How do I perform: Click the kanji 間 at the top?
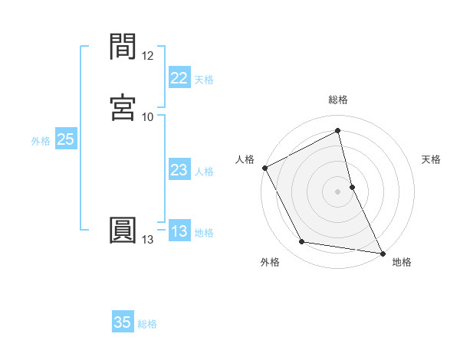click(124, 47)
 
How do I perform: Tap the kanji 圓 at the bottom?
click(124, 231)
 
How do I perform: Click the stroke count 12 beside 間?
click(147, 56)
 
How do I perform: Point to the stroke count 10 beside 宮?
click(147, 116)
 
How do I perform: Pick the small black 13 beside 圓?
click(147, 240)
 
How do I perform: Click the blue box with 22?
click(179, 78)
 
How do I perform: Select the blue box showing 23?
click(179, 171)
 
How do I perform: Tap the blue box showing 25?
click(65, 139)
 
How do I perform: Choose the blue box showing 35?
click(123, 322)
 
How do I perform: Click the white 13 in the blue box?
click(179, 232)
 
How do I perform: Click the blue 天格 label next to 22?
click(204, 80)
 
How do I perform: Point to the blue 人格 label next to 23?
click(204, 172)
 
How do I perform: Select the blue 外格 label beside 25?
click(41, 141)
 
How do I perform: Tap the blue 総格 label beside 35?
click(147, 324)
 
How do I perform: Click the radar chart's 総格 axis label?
click(338, 100)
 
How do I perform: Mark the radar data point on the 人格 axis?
click(264, 168)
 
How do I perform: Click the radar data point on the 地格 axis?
click(382, 252)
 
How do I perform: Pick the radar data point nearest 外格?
click(302, 243)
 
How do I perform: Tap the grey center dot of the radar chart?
click(338, 191)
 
